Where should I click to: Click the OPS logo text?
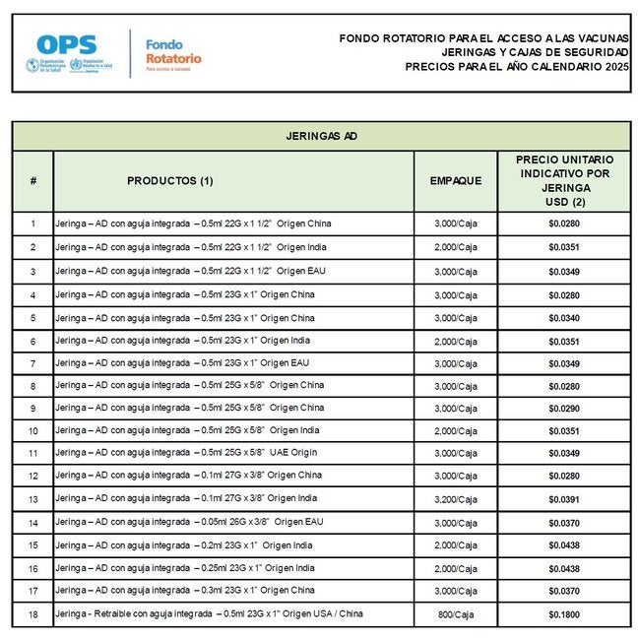66,44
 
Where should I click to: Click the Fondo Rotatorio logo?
173,51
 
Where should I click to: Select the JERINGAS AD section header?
321,136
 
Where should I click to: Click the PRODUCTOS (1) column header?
169,181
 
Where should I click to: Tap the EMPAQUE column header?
455,181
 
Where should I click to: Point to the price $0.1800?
564,613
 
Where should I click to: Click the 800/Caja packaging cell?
455,613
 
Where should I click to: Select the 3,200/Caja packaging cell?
455,499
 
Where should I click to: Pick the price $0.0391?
564,499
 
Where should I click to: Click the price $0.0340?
564,318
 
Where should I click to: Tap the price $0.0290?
564,409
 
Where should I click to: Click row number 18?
32,613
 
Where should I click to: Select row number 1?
32,224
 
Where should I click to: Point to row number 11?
32,453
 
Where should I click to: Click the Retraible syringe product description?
209,613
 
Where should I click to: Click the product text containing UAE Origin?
187,453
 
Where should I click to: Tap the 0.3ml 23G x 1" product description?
185,590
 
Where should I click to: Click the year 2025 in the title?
613,67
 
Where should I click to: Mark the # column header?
32,181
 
